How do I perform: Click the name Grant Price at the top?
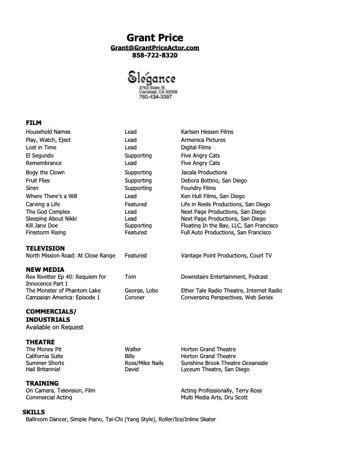click(x=154, y=37)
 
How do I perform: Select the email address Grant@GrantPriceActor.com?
click(x=154, y=47)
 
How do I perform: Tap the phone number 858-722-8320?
click(x=154, y=56)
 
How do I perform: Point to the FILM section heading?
click(x=33, y=122)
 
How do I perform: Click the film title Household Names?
click(x=48, y=132)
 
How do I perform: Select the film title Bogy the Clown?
click(x=45, y=172)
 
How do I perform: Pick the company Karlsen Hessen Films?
click(x=207, y=132)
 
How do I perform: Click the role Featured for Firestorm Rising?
click(x=136, y=232)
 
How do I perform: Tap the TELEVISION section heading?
click(x=45, y=248)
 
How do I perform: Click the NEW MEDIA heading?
click(x=45, y=269)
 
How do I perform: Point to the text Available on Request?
click(x=54, y=327)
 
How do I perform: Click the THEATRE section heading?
click(x=40, y=342)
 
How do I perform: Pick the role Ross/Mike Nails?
click(x=144, y=363)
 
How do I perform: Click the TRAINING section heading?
click(x=42, y=383)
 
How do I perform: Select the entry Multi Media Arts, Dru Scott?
click(x=214, y=397)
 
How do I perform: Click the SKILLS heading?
click(x=33, y=412)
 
